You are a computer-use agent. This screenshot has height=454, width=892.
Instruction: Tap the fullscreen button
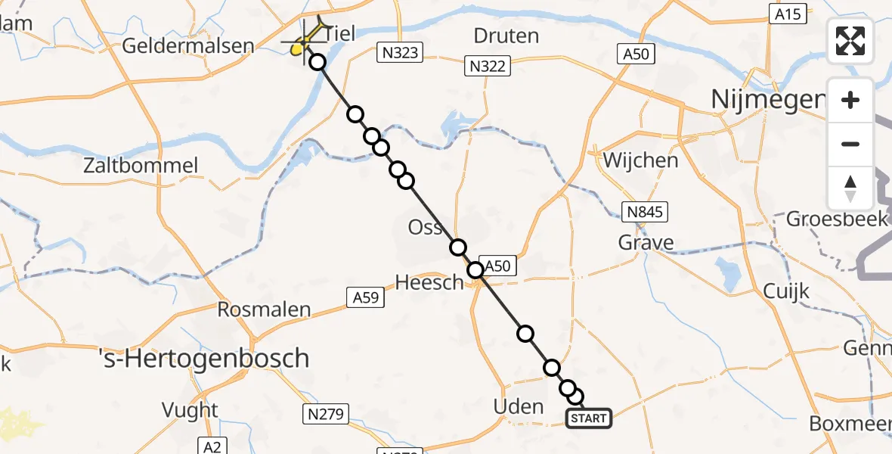[850, 41]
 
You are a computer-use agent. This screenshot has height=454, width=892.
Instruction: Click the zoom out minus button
[850, 144]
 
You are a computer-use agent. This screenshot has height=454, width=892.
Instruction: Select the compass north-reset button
[850, 188]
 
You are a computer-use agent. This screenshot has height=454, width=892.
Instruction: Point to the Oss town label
[425, 227]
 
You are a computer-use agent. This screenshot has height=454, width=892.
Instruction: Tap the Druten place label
[506, 36]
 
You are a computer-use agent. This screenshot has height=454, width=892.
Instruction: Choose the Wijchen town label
[640, 160]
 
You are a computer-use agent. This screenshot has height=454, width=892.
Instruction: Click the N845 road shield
[645, 212]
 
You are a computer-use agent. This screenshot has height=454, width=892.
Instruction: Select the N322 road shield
[488, 67]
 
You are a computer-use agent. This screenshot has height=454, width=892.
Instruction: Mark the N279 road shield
[326, 414]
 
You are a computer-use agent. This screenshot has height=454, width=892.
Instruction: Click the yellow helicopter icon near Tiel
[300, 48]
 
